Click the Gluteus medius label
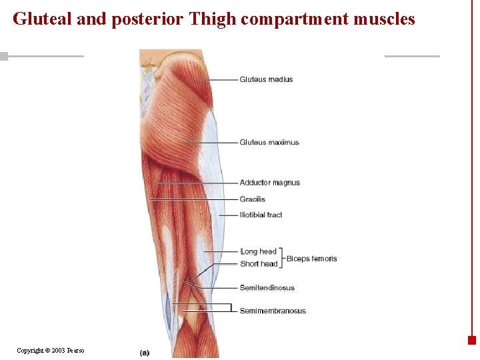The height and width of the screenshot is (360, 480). point(266,79)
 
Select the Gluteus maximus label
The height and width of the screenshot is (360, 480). point(269,142)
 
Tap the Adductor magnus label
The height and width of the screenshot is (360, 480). point(269,183)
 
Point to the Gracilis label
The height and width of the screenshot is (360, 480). point(253,199)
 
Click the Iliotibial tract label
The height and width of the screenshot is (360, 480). point(261,215)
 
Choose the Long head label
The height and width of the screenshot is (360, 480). point(258,251)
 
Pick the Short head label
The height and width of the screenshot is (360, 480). point(259,264)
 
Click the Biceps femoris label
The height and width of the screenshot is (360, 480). point(311,259)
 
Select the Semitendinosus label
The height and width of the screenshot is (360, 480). point(267,288)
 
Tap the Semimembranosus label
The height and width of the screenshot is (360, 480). point(273,311)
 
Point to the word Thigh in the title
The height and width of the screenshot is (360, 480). point(213,19)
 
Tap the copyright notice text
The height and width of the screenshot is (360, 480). point(51,350)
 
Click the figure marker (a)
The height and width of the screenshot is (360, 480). point(145,352)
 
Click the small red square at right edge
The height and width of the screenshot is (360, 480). point(472,340)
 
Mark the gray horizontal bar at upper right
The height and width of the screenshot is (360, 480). point(412,56)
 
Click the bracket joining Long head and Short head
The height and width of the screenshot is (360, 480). point(282,258)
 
